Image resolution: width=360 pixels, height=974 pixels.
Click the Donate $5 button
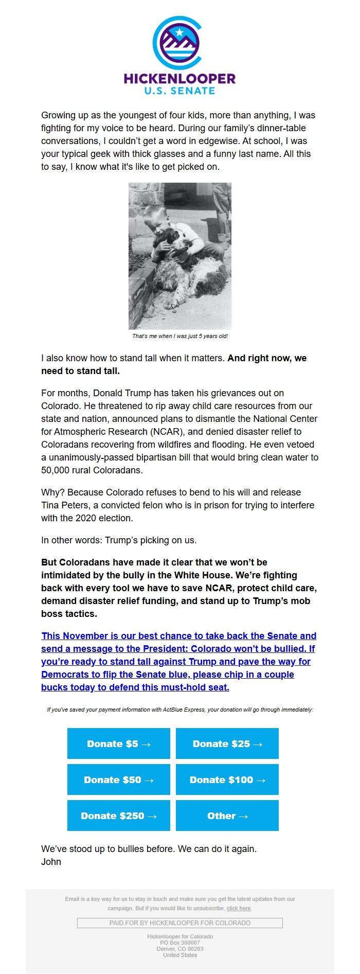(118, 743)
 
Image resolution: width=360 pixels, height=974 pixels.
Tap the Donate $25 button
(227, 743)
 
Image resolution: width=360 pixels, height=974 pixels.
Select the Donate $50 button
(118, 780)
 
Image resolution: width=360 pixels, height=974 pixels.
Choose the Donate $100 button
(227, 780)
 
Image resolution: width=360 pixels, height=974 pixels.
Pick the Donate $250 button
(118, 816)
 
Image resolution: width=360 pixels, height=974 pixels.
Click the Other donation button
(227, 816)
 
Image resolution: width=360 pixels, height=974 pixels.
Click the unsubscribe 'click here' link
(239, 908)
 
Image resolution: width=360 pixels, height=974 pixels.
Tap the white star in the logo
(179, 32)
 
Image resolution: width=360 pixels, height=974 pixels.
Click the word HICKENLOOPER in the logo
(179, 79)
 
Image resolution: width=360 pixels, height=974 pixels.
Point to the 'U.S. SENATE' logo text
(179, 91)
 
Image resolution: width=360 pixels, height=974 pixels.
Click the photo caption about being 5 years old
(180, 336)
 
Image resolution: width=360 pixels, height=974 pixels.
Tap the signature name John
(51, 862)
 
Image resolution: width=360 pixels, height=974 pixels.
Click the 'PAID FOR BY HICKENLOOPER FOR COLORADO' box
(179, 923)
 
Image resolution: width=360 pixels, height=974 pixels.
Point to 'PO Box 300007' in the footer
(179, 943)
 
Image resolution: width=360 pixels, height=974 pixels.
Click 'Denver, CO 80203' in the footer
(179, 949)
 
